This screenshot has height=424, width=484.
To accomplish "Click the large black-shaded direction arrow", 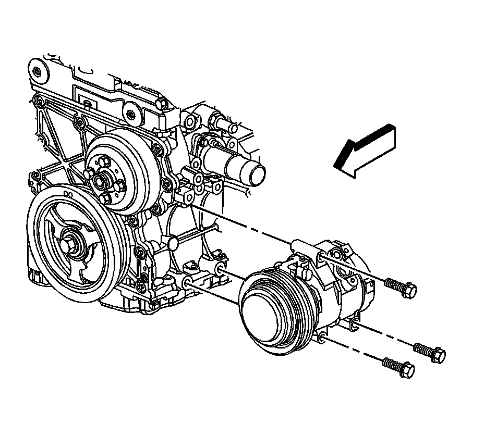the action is [x=365, y=151].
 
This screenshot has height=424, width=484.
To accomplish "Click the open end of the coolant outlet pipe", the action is [x=257, y=173].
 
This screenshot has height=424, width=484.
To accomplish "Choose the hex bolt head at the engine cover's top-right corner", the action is [x=162, y=104].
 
